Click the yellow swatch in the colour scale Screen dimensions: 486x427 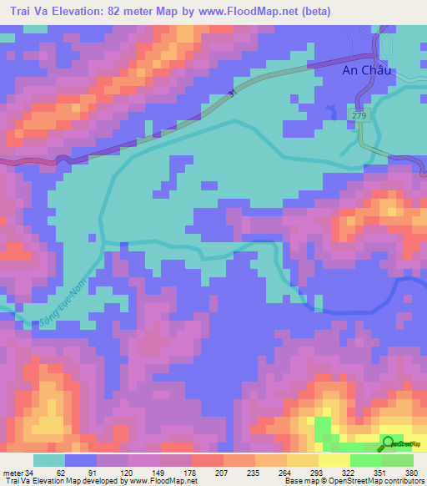pos(334,460)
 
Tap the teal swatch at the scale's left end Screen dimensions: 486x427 pos(48,460)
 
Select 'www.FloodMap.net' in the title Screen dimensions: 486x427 pos(254,12)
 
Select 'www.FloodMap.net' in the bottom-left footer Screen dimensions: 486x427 pos(162,481)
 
